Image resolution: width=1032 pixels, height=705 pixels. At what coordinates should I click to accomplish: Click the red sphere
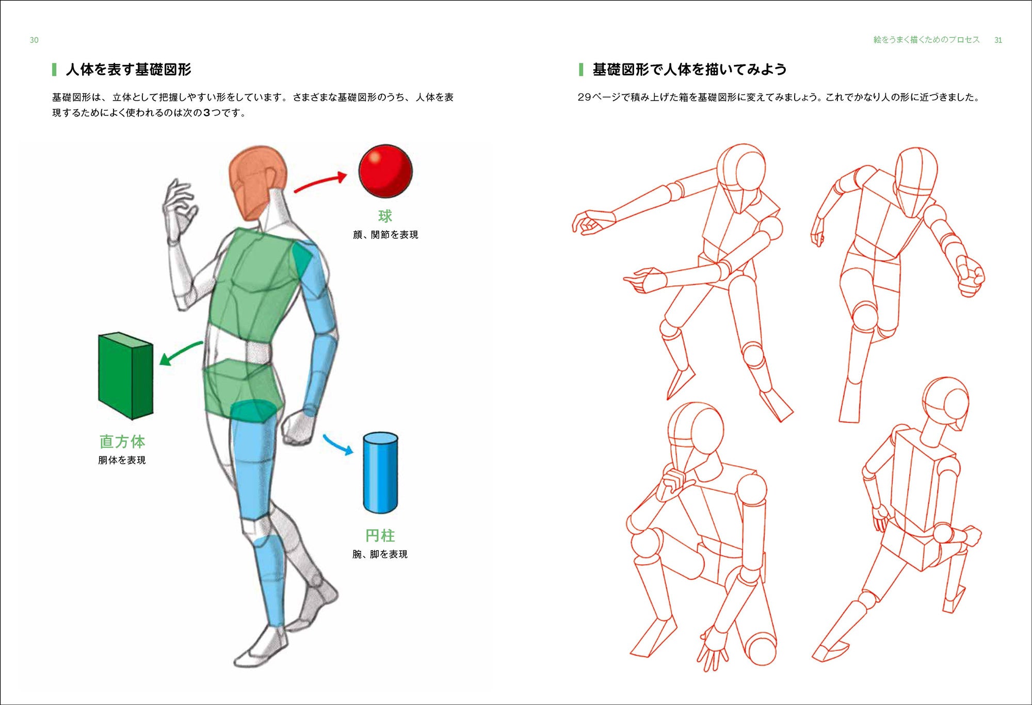[385, 171]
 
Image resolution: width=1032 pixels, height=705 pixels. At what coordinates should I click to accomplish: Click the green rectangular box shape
[125, 375]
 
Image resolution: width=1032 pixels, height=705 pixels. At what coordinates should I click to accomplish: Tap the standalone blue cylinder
[380, 473]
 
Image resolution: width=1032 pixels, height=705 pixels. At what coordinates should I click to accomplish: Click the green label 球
[385, 216]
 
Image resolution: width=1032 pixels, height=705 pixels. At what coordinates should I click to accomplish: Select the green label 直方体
[122, 441]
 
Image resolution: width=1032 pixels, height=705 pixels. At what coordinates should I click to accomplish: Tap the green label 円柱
[380, 535]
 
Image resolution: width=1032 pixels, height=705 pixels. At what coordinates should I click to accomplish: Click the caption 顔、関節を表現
[385, 235]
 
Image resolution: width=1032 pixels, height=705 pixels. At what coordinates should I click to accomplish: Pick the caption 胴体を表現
[122, 460]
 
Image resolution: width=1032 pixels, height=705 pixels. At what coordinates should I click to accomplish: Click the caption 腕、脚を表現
[380, 554]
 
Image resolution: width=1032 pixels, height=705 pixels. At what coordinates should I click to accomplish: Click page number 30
[34, 40]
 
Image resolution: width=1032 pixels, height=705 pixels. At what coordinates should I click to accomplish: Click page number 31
[998, 40]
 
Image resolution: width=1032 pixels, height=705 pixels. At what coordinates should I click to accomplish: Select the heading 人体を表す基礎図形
[128, 69]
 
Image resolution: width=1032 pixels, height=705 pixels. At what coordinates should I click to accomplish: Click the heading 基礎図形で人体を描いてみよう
[689, 69]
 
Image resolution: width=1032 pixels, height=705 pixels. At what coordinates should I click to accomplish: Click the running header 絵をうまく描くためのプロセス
[926, 40]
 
